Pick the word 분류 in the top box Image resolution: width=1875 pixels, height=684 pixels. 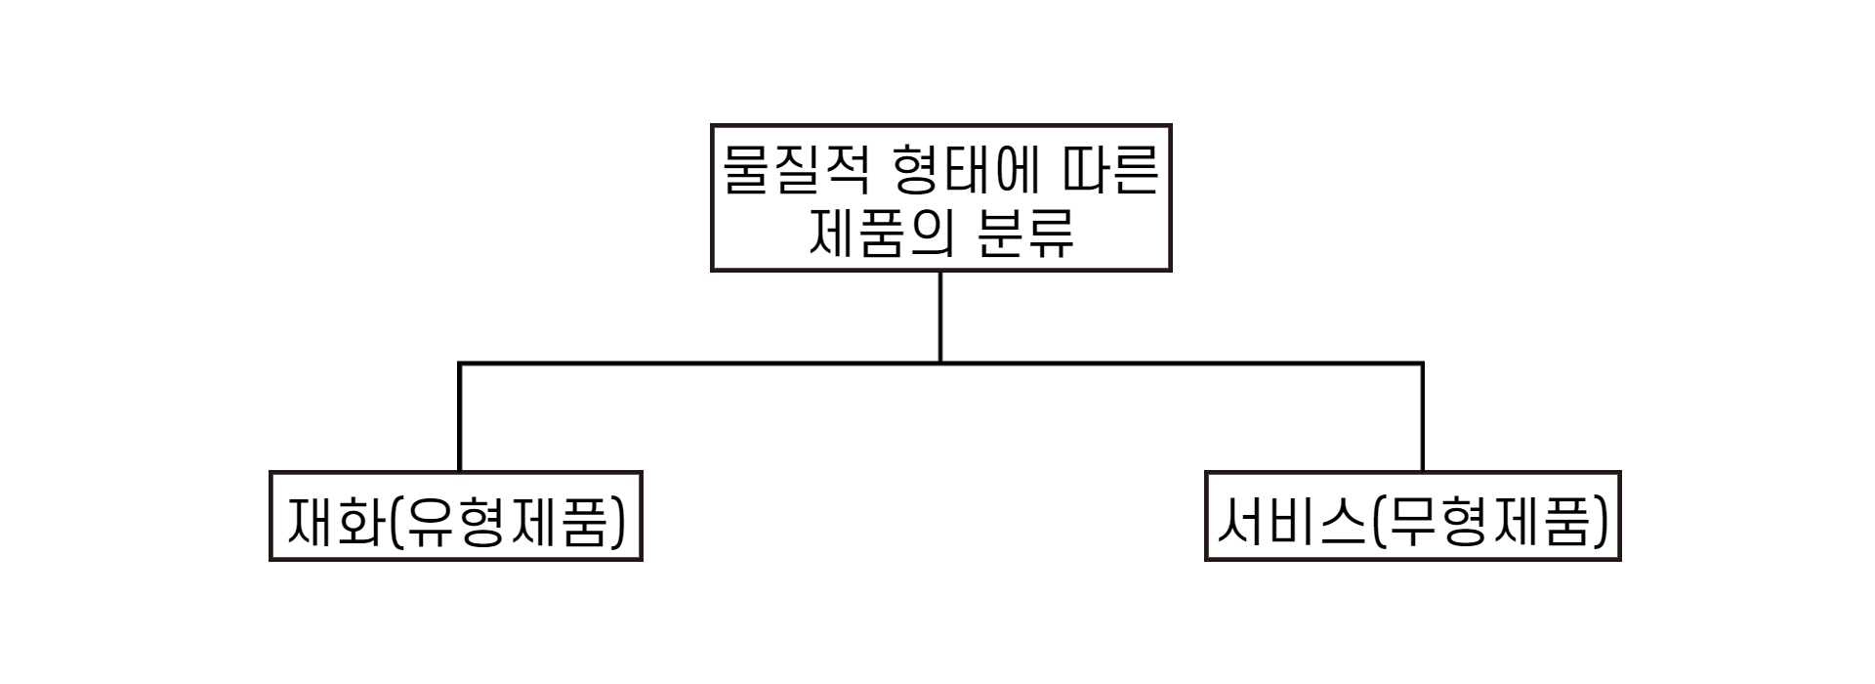click(x=1025, y=235)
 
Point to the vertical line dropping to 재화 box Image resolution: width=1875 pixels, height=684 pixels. click(x=459, y=418)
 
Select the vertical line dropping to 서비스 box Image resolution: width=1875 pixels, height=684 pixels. click(x=1422, y=418)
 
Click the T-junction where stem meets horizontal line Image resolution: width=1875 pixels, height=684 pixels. click(x=940, y=363)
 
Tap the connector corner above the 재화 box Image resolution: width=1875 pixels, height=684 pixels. click(x=459, y=363)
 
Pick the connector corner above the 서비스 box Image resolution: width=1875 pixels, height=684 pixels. click(x=1422, y=363)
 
